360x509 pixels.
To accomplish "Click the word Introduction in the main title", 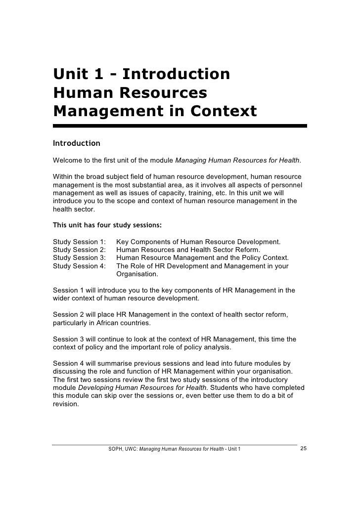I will pos(176,75).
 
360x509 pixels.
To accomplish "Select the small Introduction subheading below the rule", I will pos(76,144).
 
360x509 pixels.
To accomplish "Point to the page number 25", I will pos(304,449).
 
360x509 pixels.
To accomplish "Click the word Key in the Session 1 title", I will pos(122,242).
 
